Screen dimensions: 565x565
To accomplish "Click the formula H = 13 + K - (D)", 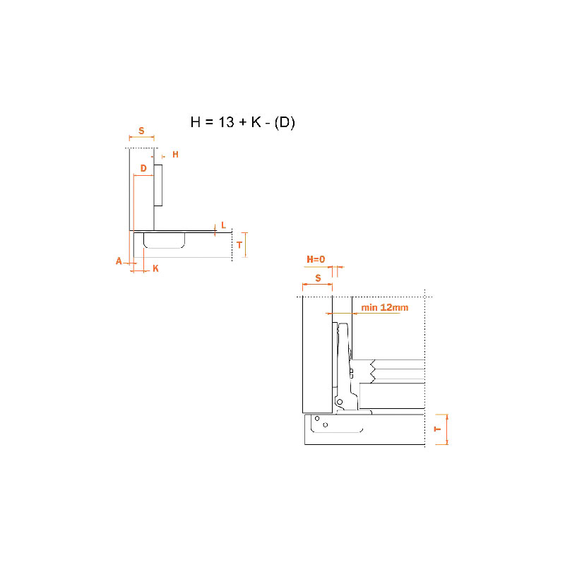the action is point(242,122).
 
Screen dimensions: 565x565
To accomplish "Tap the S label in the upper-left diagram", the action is point(141,131).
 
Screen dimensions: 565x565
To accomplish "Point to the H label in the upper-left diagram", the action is point(175,155).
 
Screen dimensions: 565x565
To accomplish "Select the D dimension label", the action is point(143,168).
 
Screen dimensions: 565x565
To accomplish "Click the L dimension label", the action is point(223,225).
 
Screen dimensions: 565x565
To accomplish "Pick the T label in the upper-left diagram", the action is point(239,245).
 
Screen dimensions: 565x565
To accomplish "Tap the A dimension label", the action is point(119,261).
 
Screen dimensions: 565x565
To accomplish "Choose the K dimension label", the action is point(155,268).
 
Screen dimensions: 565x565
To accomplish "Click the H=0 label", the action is point(316,259).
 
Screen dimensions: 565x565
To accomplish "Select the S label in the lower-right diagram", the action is point(318,278).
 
